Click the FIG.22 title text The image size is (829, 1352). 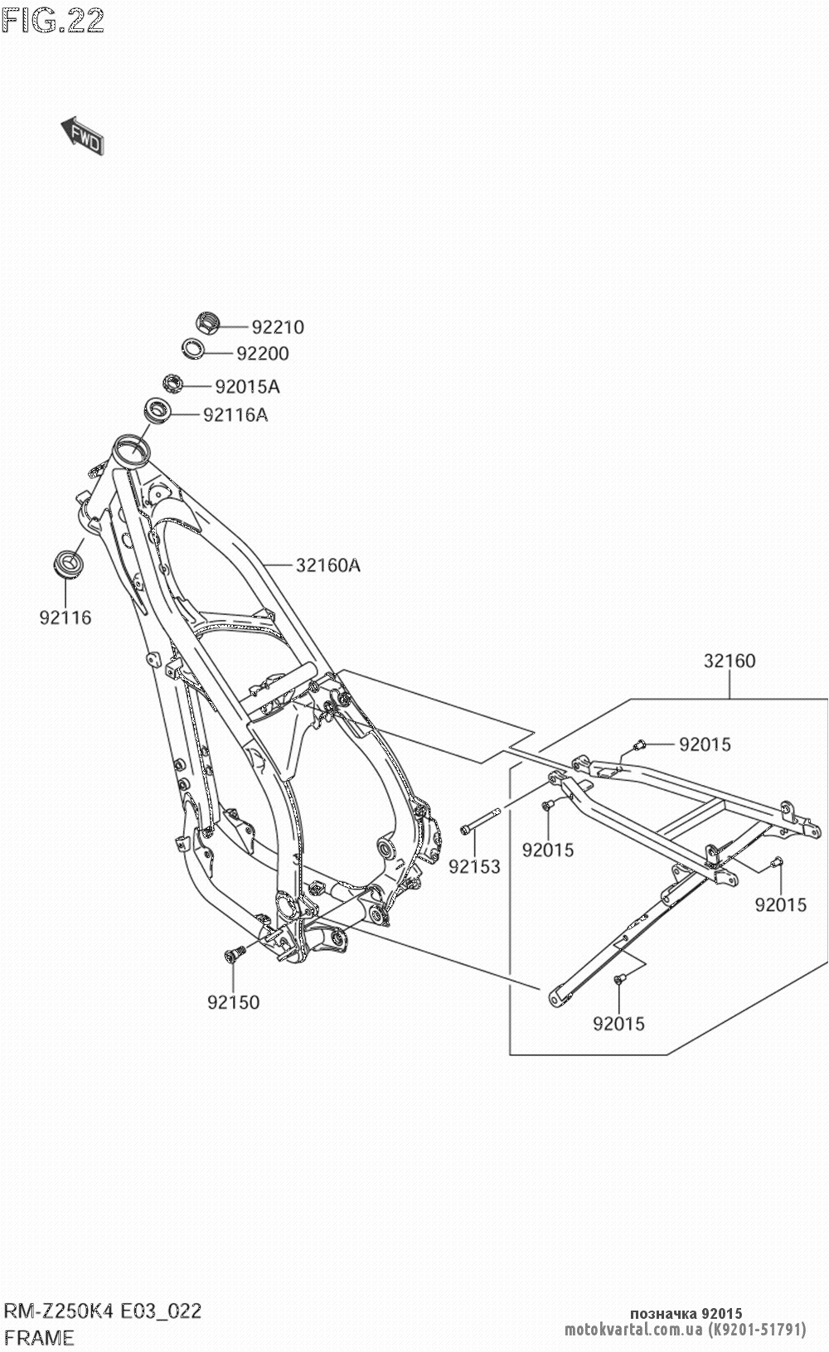coord(53,21)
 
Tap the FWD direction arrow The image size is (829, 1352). coord(82,136)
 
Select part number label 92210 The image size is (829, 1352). coord(278,327)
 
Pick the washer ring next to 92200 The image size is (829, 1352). coord(192,348)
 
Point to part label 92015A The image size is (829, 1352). coord(248,386)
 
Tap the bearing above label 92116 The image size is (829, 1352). coord(66,563)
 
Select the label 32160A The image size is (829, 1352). coord(327,565)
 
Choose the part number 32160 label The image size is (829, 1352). coord(730,661)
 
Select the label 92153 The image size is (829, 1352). coord(474,867)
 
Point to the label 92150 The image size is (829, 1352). coord(233,1002)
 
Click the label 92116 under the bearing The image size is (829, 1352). coord(65,618)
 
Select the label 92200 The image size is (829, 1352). coord(263,354)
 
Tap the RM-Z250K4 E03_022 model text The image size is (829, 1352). coord(103,1311)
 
